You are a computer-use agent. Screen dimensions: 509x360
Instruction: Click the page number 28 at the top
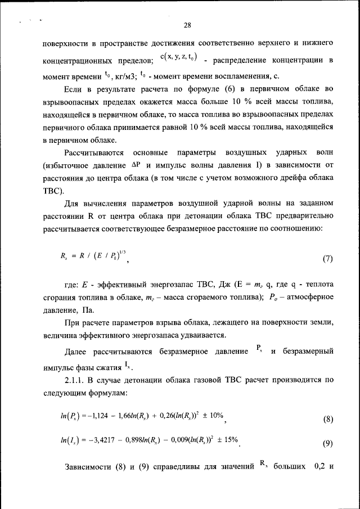pyautogui.click(x=188, y=24)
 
